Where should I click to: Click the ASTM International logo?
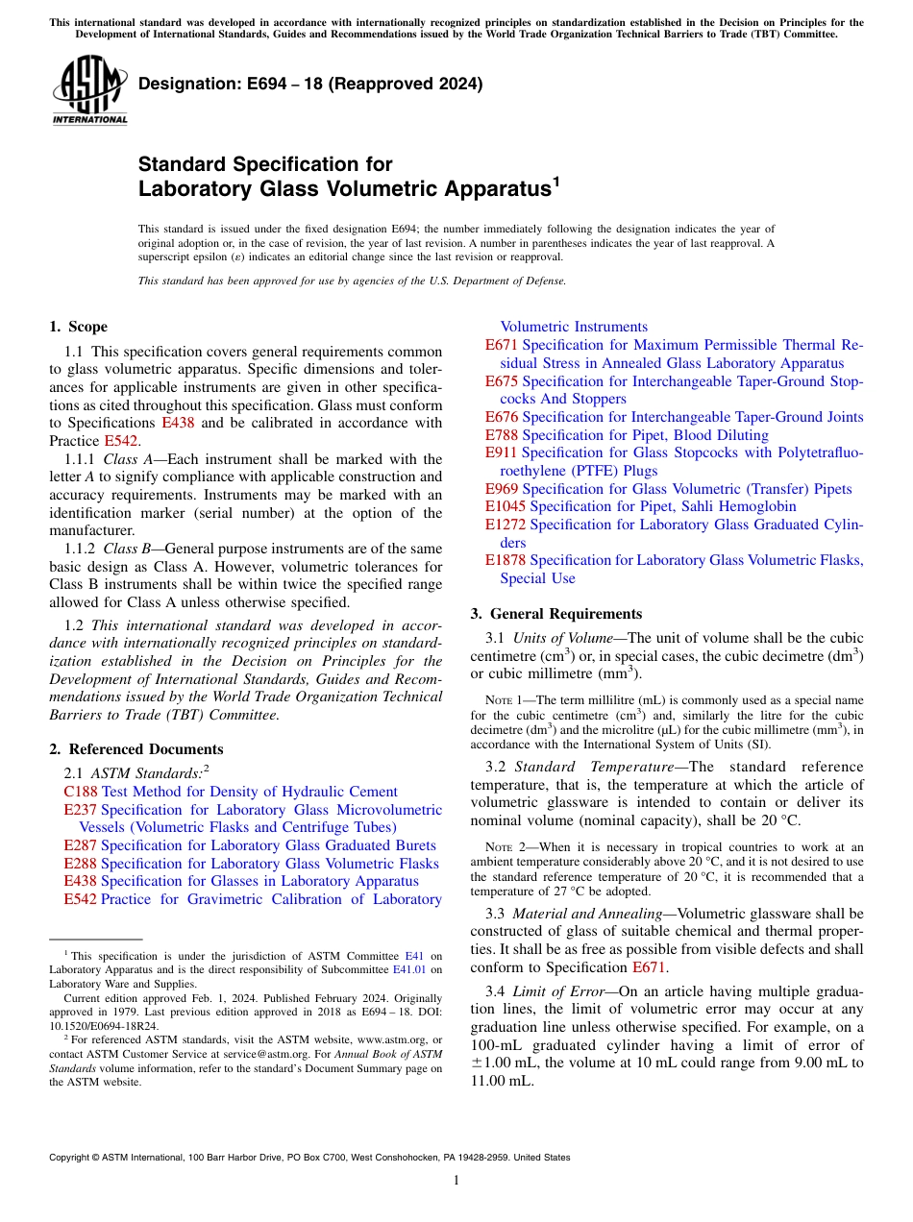89,91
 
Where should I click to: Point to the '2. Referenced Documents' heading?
136,748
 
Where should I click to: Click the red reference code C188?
81,792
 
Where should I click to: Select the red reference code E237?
80,810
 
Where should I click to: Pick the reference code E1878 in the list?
506,560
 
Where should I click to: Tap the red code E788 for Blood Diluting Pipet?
502,435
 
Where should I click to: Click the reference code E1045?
506,506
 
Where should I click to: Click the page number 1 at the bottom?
456,1181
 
